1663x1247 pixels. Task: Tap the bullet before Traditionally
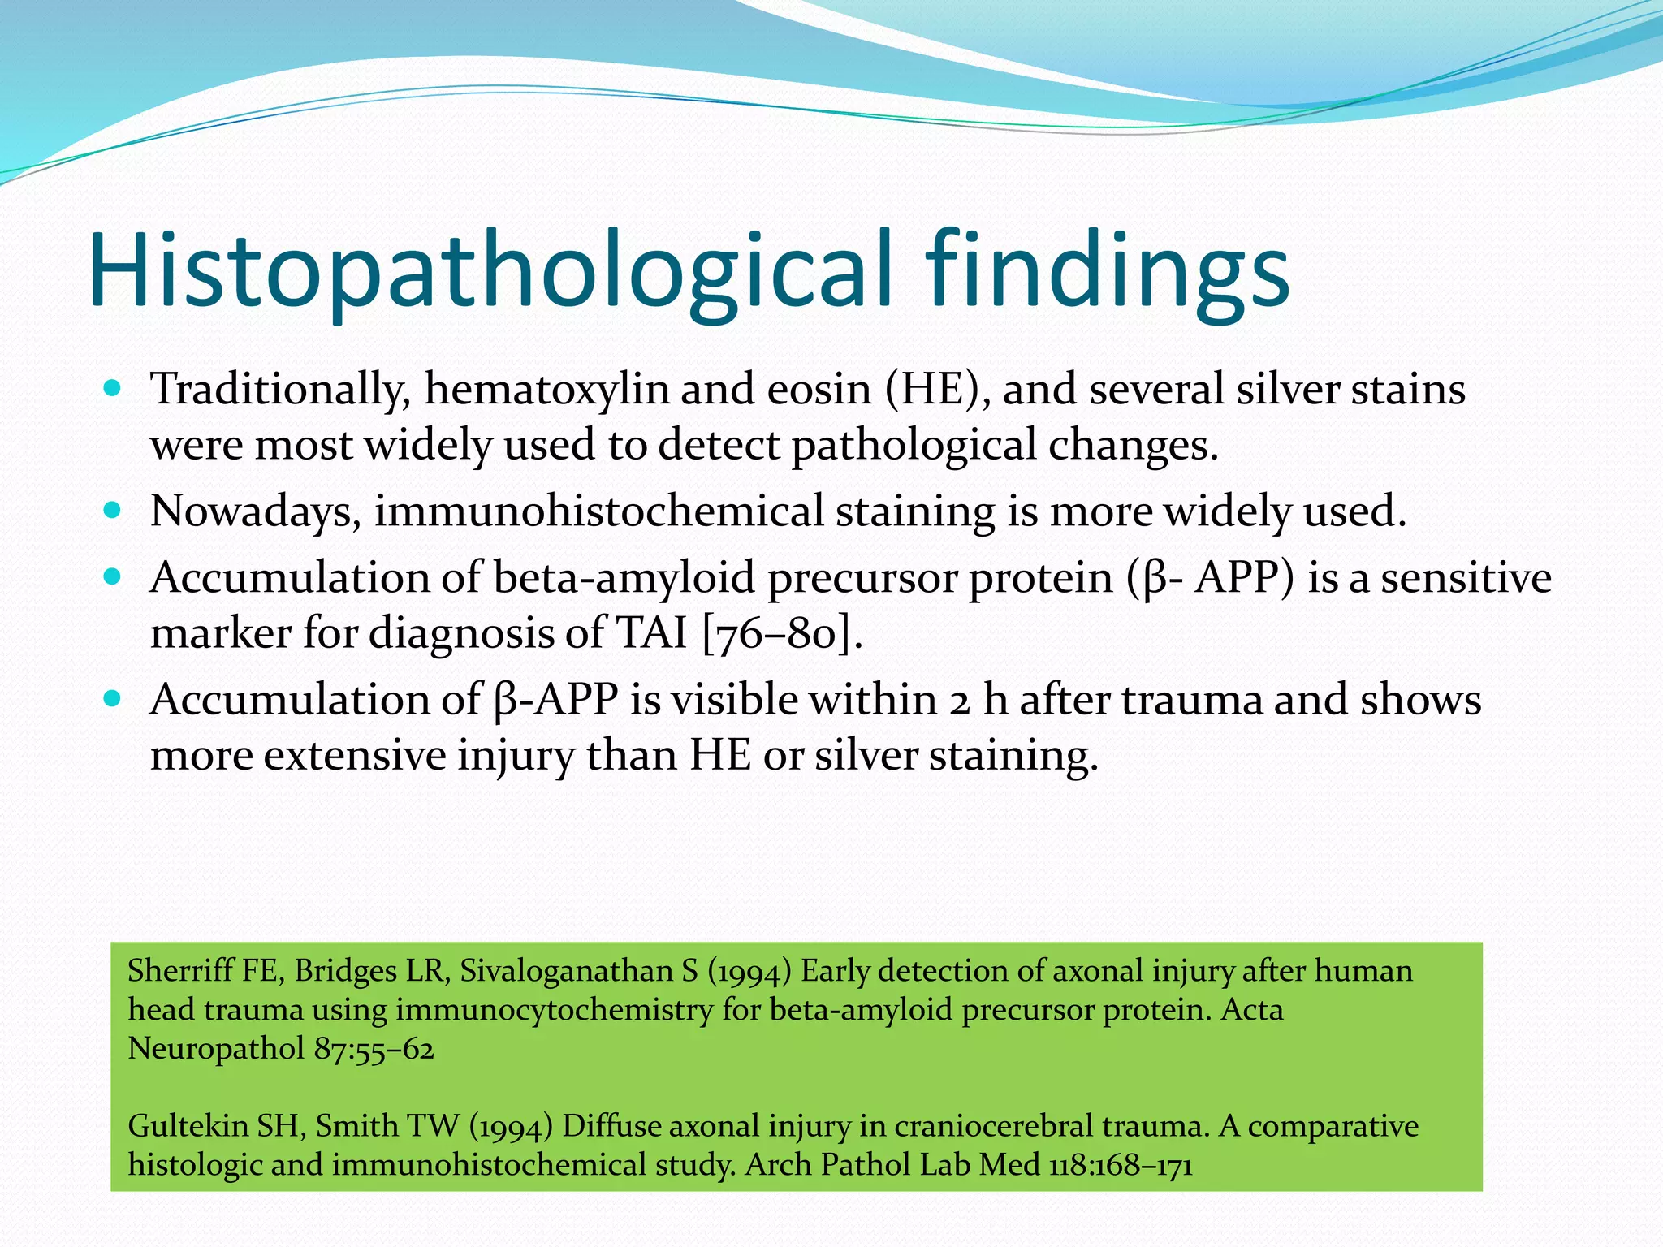[113, 388]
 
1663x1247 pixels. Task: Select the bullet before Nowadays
[113, 511]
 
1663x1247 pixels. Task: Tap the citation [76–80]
[780, 633]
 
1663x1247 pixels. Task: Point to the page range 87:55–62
[374, 1049]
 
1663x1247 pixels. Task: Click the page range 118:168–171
[1121, 1165]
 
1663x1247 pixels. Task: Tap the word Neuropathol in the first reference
[216, 1049]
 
